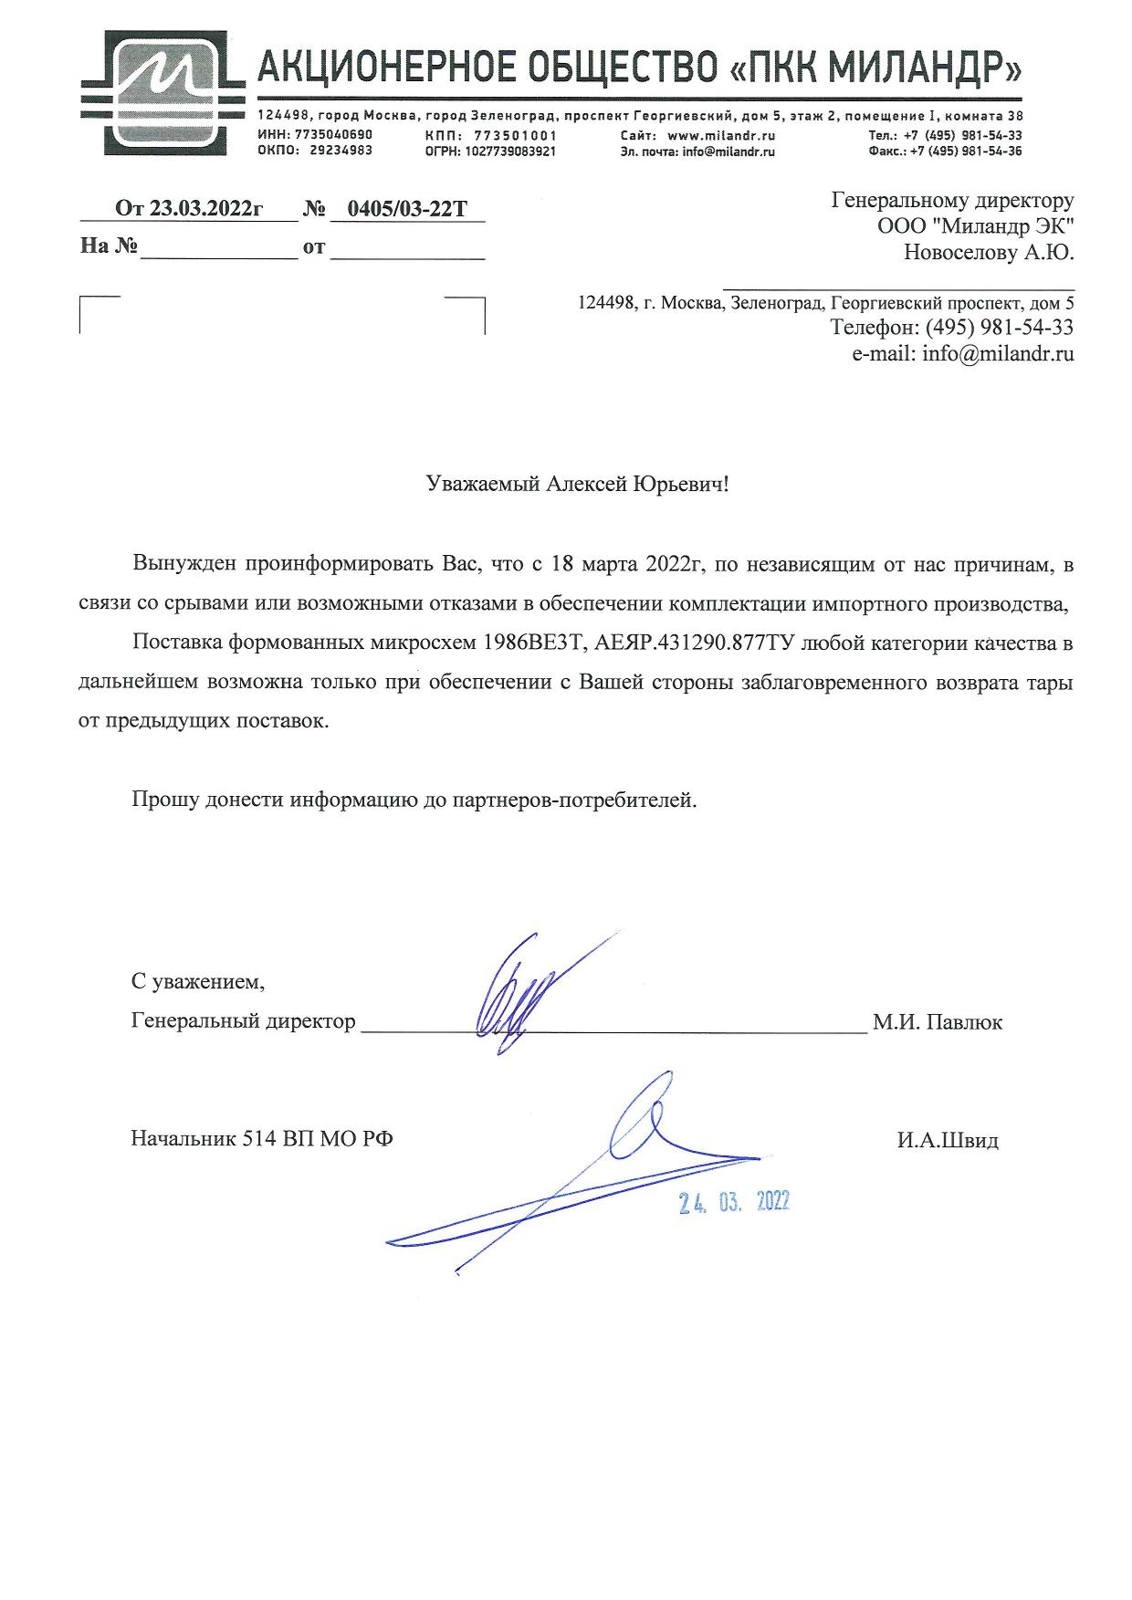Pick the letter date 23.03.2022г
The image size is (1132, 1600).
205,209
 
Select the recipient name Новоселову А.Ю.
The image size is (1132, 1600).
988,253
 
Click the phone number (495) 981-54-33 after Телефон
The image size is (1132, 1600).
999,327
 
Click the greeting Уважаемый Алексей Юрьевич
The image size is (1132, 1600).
578,484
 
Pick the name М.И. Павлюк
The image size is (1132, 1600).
937,1022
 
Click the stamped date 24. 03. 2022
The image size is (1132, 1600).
734,1203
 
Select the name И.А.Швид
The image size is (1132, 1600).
947,1140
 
